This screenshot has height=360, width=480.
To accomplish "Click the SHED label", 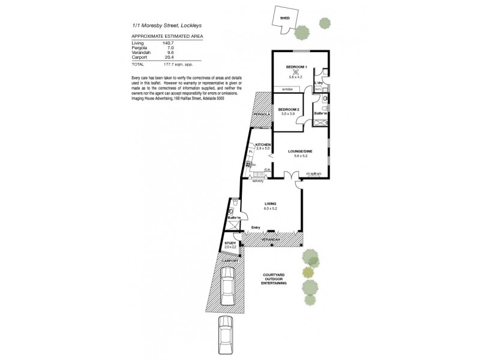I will [x=285, y=19].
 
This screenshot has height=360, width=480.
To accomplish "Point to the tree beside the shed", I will [x=325, y=23].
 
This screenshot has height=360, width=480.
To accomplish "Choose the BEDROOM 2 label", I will [x=289, y=109].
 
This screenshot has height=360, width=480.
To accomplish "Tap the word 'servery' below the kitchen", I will [x=258, y=181].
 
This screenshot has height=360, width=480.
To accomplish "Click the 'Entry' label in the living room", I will [x=256, y=227].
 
